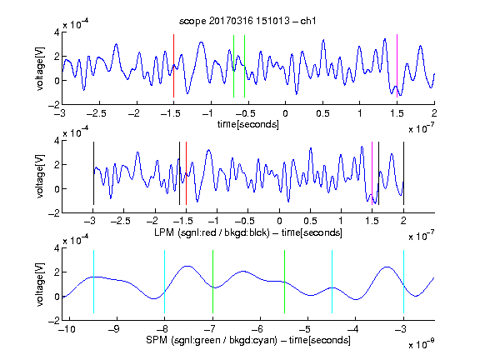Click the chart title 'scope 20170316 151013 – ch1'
coord(247,21)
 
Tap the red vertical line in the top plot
coord(173,66)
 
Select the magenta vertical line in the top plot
coord(397,66)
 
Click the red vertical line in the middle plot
coord(186,173)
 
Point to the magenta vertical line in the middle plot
coord(372,173)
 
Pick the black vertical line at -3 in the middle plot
coord(93,173)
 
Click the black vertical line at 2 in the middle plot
coord(403,173)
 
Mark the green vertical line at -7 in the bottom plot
coord(212,282)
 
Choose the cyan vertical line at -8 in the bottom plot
coord(165,282)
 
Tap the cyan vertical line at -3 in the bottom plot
coord(403,282)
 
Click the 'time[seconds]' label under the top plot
coord(248,124)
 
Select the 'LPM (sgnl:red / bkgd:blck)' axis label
coord(212,232)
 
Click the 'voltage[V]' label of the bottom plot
coord(40,284)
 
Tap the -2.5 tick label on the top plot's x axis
coord(96,113)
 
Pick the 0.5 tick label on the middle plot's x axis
coord(310,221)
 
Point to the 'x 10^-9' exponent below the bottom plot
coord(421,344)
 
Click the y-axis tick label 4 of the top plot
coord(57,32)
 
